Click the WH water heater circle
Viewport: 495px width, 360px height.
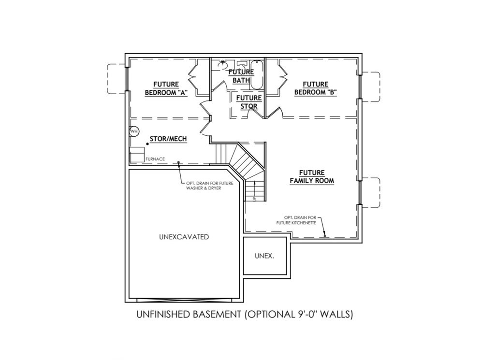point(134,131)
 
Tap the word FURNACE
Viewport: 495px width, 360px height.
point(155,158)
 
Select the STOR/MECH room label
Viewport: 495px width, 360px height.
point(168,139)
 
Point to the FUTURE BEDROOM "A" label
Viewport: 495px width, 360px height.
point(166,88)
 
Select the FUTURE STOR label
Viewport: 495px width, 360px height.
point(249,102)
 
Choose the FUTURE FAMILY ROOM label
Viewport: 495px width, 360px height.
point(312,176)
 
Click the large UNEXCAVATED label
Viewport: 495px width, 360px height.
point(184,237)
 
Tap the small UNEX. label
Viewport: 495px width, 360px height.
point(264,256)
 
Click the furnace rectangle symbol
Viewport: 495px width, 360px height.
point(137,155)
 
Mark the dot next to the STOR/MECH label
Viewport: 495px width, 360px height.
point(147,144)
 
